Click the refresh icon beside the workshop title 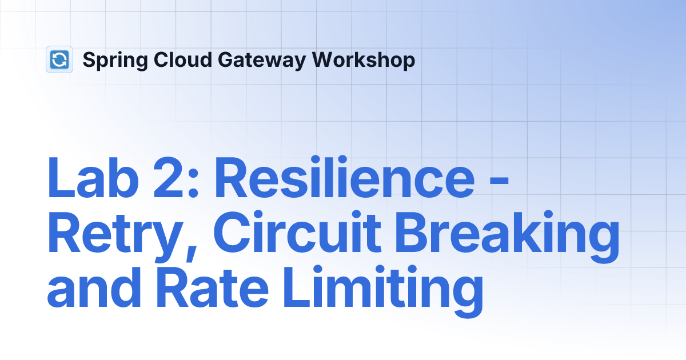pyautogui.click(x=59, y=59)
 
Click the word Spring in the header pyautogui.click(x=115, y=61)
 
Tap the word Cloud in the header pyautogui.click(x=183, y=59)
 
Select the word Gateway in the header pyautogui.click(x=262, y=61)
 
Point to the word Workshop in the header pyautogui.click(x=364, y=61)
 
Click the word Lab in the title pyautogui.click(x=93, y=178)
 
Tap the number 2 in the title pyautogui.click(x=168, y=178)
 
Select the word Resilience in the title pyautogui.click(x=345, y=177)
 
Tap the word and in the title pyautogui.click(x=94, y=286)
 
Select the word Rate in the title pyautogui.click(x=213, y=287)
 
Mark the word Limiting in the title pyautogui.click(x=383, y=291)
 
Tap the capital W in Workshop pyautogui.click(x=325, y=59)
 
